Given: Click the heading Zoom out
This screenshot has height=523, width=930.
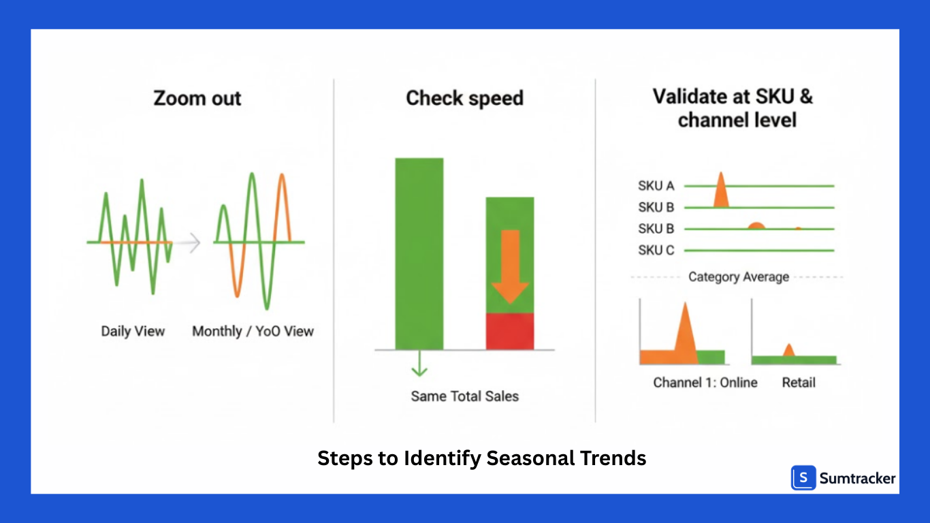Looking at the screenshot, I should pos(197,99).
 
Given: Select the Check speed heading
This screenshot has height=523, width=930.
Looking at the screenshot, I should pos(464,98).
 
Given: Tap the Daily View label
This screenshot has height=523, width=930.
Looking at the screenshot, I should pos(133,332).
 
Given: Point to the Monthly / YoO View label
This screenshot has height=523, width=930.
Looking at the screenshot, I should pos(253,332).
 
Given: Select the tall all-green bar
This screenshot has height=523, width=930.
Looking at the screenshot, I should pos(419,253).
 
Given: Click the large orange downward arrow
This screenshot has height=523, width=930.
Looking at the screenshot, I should pos(510,266).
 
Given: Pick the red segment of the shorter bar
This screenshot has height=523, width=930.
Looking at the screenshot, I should pos(509,332).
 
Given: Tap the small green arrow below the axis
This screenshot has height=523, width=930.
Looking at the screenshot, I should pos(419,364).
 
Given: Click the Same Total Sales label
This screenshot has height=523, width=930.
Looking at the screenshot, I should pos(464,396).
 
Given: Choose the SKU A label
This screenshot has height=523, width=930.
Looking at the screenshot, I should pos(656,186).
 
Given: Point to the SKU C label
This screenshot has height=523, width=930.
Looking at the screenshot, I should pos(656,251).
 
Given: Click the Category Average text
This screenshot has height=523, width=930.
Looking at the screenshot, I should pos(739,277).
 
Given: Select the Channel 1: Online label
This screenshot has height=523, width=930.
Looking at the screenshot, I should pos(705,383).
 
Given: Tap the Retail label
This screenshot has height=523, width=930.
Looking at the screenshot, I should pos(799,383).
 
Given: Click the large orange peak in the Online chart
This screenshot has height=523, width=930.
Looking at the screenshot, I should pos(685,334).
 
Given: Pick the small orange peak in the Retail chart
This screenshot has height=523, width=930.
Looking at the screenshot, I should pos(789,350).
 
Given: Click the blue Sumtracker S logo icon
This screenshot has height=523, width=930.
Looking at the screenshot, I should pos(803,478).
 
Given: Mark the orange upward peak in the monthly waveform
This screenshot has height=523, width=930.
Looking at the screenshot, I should pos(282,204).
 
